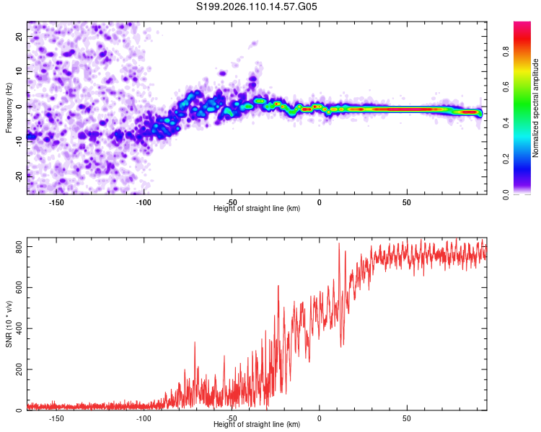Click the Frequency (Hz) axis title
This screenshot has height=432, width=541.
9,108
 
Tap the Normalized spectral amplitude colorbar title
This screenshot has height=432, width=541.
536,108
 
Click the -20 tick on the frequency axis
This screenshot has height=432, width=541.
19,176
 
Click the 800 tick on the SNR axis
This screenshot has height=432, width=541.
18,247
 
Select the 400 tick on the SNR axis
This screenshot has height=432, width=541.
18,328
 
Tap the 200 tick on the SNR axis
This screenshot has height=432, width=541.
18,369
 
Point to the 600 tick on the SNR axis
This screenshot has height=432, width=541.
18,288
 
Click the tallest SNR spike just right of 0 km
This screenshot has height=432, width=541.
340,243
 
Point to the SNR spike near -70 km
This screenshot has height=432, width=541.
195,343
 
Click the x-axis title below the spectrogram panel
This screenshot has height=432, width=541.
257,209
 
